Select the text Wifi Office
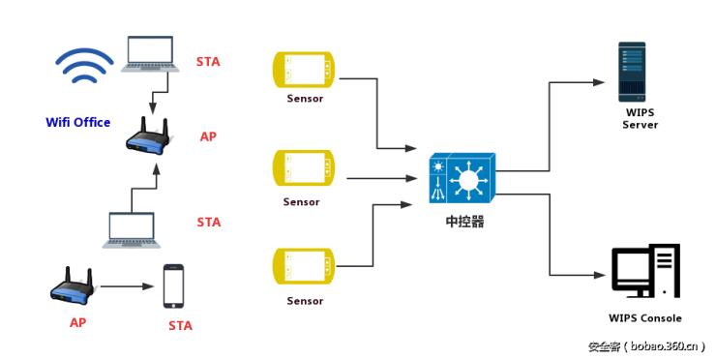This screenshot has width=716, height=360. pyautogui.click(x=78, y=123)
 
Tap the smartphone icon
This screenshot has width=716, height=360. pyautogui.click(x=173, y=286)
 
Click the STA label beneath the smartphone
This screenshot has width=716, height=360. pyautogui.click(x=180, y=325)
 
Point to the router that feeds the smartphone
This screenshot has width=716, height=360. pyautogui.click(x=73, y=286)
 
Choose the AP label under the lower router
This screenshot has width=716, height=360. pyautogui.click(x=77, y=323)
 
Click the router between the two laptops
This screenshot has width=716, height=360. pyautogui.click(x=149, y=136)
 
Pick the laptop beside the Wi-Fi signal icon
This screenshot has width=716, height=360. pyautogui.click(x=149, y=55)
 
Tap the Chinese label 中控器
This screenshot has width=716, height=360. pyautogui.click(x=463, y=222)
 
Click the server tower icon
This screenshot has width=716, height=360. pyautogui.click(x=633, y=71)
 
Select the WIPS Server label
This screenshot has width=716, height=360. pyautogui.click(x=640, y=119)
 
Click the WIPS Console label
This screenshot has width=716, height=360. pyautogui.click(x=644, y=318)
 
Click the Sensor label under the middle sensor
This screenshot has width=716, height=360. pyautogui.click(x=302, y=202)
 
